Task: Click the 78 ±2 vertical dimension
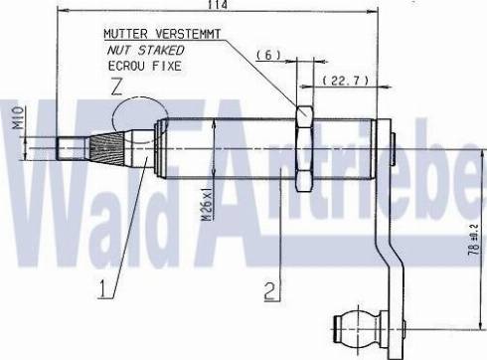pyautogui.click(x=475, y=239)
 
